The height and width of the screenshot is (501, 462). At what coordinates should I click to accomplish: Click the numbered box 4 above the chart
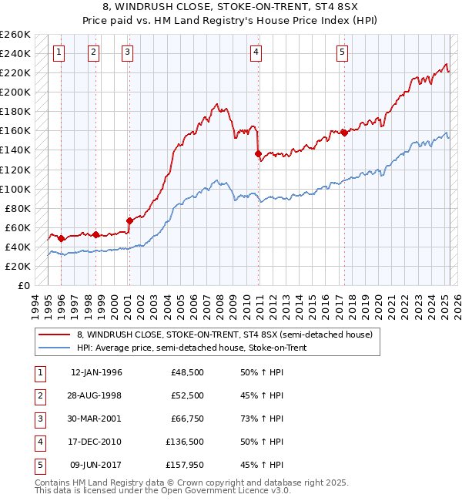(256, 52)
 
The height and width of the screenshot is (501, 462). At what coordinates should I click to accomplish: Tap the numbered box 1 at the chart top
(60, 52)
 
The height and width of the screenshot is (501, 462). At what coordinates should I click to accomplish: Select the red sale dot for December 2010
(259, 153)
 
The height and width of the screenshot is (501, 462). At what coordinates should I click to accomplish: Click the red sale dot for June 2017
(344, 133)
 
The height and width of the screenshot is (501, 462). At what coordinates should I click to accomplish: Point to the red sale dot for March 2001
(129, 220)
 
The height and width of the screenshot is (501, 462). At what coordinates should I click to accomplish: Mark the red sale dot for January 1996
(61, 238)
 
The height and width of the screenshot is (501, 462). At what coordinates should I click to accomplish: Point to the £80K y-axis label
(18, 208)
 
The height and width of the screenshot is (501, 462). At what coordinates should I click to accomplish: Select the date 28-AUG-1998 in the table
(96, 395)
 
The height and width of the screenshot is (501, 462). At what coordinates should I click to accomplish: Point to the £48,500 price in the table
(187, 372)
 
